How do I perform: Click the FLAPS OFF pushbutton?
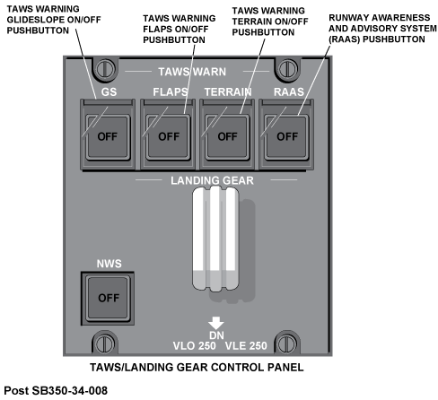(168, 137)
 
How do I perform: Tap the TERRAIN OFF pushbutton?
(227, 137)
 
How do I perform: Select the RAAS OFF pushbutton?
(286, 137)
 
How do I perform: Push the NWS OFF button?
(108, 298)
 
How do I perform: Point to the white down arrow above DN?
(216, 323)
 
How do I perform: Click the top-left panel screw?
(105, 69)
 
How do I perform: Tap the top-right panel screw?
(288, 69)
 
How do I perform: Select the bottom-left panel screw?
(105, 343)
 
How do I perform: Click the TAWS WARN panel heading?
(192, 72)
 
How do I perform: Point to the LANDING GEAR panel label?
(212, 180)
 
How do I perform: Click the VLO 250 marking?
(194, 345)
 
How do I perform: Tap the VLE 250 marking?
(246, 345)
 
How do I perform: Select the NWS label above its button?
(109, 264)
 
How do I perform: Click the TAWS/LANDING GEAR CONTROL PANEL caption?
(197, 367)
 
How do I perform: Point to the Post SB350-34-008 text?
(56, 390)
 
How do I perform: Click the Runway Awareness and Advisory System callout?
(382, 29)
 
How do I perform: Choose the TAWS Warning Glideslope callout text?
(54, 20)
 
